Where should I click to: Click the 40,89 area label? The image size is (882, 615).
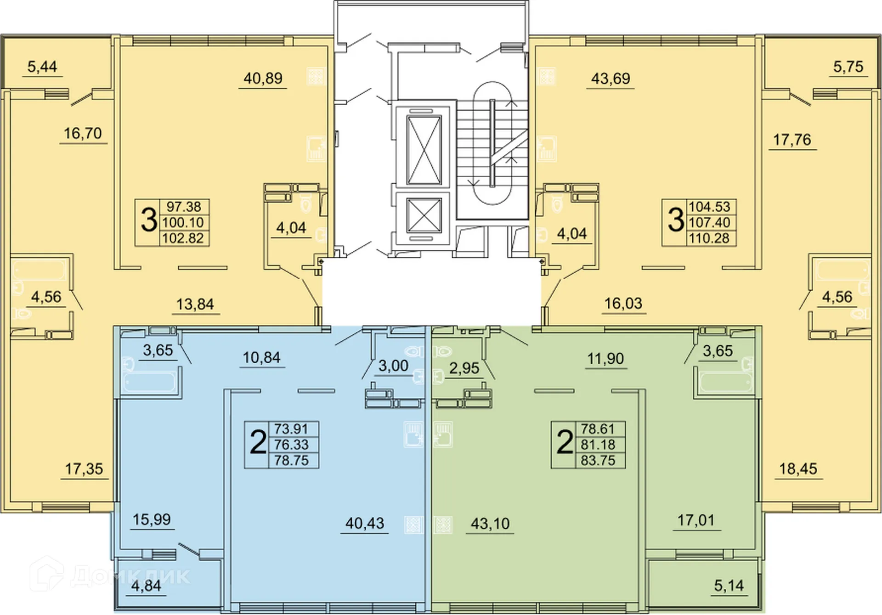point(263,79)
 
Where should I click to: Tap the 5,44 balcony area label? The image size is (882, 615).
point(42,67)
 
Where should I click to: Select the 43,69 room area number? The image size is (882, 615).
point(611,79)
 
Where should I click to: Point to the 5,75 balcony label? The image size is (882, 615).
point(848,67)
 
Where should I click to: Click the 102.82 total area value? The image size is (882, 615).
point(183,238)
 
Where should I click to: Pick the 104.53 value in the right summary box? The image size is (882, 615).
point(709,207)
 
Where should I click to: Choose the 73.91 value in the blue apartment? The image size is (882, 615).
point(291,429)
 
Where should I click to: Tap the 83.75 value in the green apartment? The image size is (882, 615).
point(598,460)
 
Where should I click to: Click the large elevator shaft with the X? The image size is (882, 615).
point(424,150)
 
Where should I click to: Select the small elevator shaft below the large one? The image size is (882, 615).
point(424,215)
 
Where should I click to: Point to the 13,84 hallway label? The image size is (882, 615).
point(195,304)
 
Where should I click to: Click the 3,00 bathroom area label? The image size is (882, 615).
point(393,366)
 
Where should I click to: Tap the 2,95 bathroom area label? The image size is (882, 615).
point(464,368)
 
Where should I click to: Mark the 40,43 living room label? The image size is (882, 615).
point(364,523)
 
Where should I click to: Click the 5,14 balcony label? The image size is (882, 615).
point(729,586)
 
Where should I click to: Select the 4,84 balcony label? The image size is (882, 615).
point(146,586)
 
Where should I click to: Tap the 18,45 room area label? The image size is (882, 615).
point(798,469)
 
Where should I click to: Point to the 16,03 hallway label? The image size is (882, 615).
point(623,304)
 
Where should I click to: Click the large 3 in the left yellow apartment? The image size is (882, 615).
point(148,220)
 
